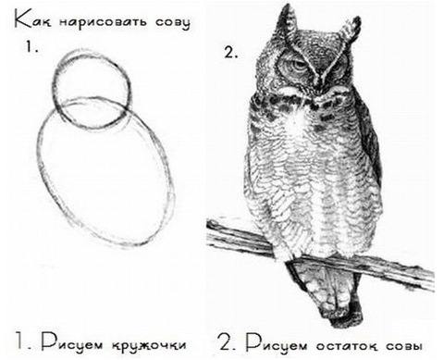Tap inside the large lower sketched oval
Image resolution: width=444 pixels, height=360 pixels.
[x=104, y=176]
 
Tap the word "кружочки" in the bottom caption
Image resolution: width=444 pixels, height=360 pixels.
[x=146, y=338]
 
